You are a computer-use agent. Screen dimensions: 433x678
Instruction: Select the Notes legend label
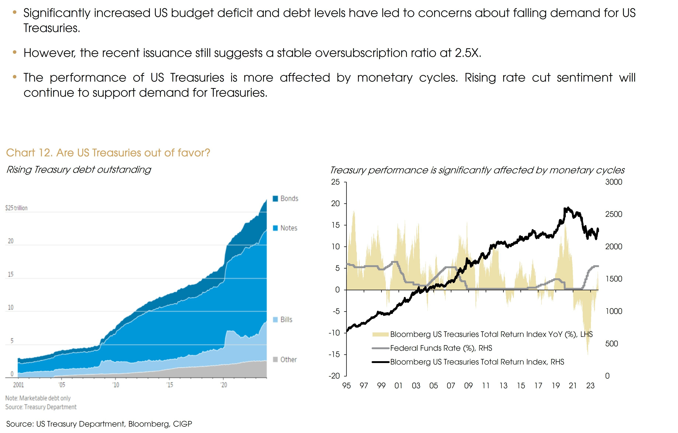[x=289, y=228]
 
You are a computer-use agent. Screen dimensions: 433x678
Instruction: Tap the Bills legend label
[x=286, y=320]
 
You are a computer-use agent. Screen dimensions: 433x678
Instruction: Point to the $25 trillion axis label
[x=16, y=208]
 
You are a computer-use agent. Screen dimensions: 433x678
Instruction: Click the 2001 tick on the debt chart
[x=19, y=385]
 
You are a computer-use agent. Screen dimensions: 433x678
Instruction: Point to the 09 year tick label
[x=468, y=386]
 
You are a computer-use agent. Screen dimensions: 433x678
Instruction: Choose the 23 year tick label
[x=590, y=386]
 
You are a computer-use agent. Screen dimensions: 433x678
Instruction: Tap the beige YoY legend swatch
[x=380, y=334]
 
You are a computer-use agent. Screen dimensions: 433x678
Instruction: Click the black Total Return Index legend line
[x=380, y=362]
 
